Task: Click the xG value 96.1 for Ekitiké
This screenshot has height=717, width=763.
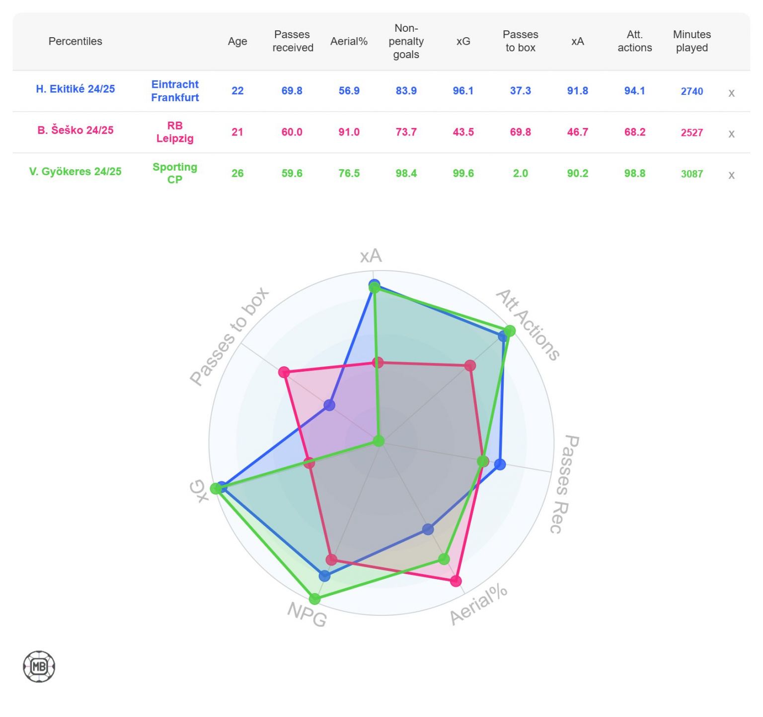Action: pos(463,91)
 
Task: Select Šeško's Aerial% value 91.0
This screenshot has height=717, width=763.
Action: pos(349,132)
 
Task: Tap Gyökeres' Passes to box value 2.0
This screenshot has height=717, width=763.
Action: pos(520,173)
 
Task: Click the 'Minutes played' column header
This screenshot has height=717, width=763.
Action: pos(691,41)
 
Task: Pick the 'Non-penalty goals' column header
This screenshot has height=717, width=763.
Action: pos(406,41)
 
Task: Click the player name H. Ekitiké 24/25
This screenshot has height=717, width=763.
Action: pos(75,89)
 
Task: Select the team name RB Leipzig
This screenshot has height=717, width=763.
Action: pos(175,132)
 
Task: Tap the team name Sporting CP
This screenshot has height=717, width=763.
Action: pos(175,173)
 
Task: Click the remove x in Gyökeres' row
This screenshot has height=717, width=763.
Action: pos(731,175)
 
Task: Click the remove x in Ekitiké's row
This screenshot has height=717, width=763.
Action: pos(731,93)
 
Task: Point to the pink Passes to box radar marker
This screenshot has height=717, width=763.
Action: pos(284,372)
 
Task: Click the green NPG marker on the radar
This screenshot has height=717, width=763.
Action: pos(314,598)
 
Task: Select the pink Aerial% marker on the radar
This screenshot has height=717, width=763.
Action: pos(456,581)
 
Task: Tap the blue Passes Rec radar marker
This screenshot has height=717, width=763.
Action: pos(500,464)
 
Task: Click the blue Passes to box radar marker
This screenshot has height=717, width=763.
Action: pos(329,405)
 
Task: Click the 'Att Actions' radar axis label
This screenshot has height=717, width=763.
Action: pos(528,325)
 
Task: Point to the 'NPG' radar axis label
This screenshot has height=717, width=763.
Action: pos(307,614)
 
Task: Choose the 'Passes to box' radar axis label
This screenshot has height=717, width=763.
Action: pos(229,336)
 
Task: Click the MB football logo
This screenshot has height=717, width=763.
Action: pos(39,666)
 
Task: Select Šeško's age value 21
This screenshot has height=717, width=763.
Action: pos(237,132)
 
